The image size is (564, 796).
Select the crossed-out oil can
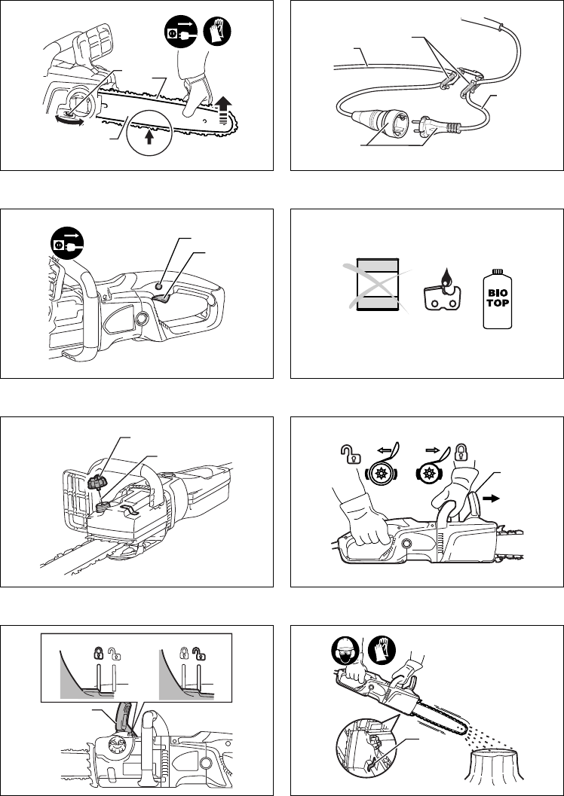tap(377, 285)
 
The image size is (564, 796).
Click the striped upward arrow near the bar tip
tap(222, 110)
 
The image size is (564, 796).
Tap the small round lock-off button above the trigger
tap(158, 286)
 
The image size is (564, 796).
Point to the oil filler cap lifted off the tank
tap(97, 482)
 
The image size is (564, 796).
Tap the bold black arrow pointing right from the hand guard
tap(491, 499)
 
